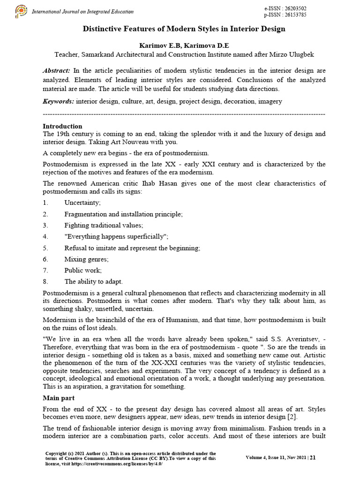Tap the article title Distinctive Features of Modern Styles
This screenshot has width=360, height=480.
(x=184, y=29)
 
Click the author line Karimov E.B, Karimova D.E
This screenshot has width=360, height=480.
(x=184, y=45)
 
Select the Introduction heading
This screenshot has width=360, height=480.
(x=62, y=126)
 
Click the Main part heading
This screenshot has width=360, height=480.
(x=60, y=398)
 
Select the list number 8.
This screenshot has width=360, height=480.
(x=45, y=282)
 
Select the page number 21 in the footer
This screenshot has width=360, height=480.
(x=313, y=457)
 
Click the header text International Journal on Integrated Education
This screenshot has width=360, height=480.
(x=82, y=12)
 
